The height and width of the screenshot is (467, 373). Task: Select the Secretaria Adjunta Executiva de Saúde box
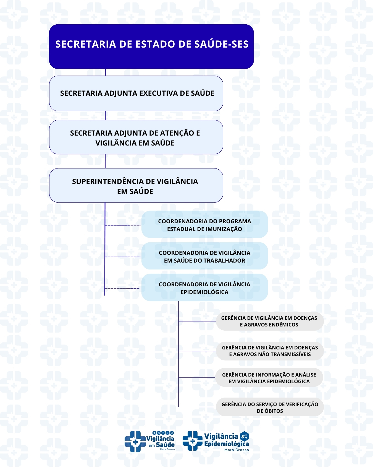(x=136, y=93)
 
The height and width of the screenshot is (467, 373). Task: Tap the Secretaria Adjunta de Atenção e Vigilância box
(x=136, y=137)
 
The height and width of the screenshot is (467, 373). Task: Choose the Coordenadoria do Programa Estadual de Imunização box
(x=204, y=224)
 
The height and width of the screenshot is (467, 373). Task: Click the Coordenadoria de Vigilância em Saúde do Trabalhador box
(x=204, y=256)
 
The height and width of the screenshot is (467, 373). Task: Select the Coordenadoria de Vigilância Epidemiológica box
(x=204, y=287)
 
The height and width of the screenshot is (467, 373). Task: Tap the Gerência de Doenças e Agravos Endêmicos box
(x=269, y=321)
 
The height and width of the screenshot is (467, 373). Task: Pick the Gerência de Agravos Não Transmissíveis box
(x=270, y=351)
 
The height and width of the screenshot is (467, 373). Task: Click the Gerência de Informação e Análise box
(x=269, y=378)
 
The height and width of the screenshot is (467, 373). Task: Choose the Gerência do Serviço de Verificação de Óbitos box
(x=270, y=407)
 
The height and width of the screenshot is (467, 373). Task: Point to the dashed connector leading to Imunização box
(x=123, y=225)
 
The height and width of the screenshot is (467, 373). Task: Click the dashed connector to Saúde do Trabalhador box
(x=123, y=257)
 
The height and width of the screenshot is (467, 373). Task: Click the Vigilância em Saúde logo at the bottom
(x=149, y=441)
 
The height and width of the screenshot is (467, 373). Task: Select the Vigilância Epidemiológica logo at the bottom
(x=216, y=441)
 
